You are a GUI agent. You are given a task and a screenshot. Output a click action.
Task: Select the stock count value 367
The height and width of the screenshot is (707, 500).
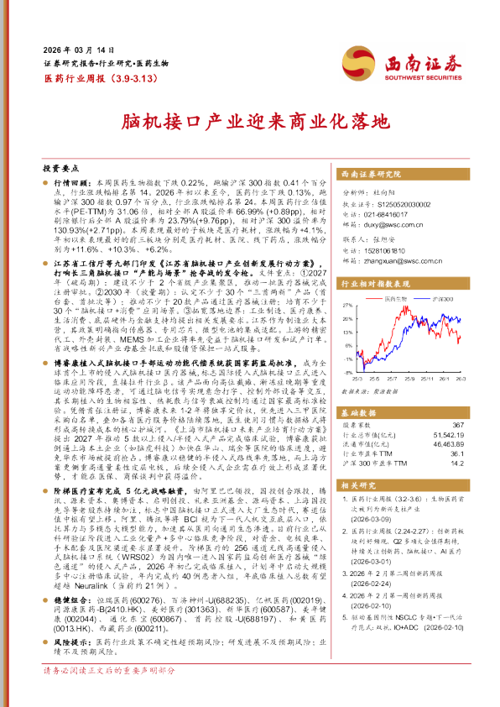(457, 426)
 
